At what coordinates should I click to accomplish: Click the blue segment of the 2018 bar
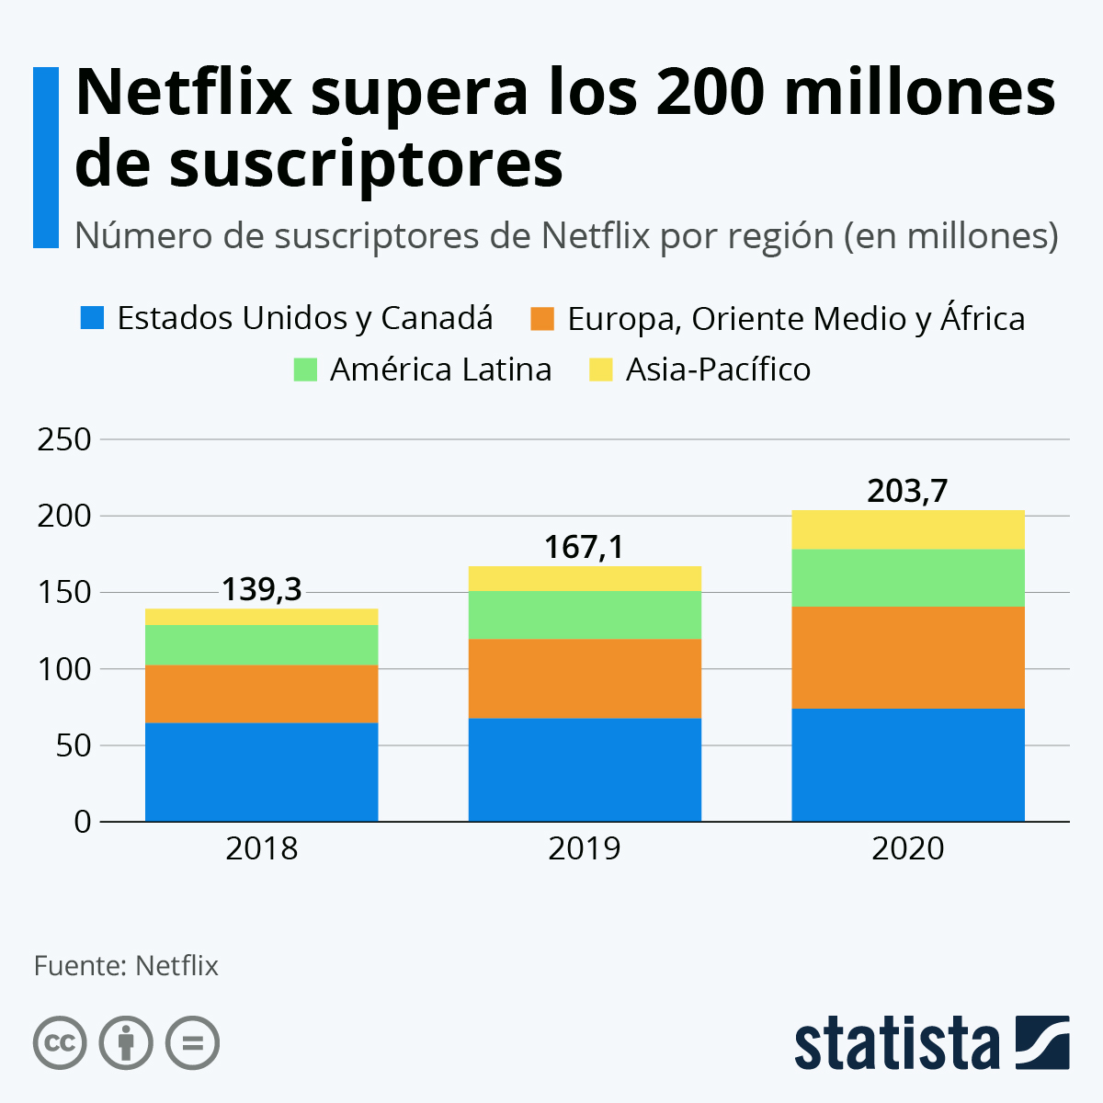tap(262, 772)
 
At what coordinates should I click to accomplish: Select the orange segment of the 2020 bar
tap(908, 657)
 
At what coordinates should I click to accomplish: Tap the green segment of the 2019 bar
tap(585, 615)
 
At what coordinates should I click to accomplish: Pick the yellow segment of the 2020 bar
tap(908, 529)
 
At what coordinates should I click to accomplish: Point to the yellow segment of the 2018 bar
tap(262, 617)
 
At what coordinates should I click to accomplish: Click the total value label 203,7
tap(907, 492)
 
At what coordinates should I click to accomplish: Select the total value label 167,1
tap(584, 548)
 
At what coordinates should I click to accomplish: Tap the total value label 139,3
tap(261, 589)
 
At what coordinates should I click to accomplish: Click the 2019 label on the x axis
tap(584, 848)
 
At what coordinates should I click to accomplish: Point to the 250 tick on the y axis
tap(64, 439)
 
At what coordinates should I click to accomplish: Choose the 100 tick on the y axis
tap(64, 669)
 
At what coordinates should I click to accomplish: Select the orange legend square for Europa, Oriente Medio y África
tap(543, 319)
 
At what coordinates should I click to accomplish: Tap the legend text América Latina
tap(440, 370)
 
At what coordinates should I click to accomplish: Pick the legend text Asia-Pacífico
tap(718, 370)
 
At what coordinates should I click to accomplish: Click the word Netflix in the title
tap(184, 92)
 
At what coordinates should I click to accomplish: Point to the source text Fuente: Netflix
tap(126, 966)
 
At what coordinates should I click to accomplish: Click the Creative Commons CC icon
tap(60, 1043)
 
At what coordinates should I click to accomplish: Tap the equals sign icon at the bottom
tap(192, 1043)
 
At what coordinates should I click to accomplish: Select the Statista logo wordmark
tap(896, 1043)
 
